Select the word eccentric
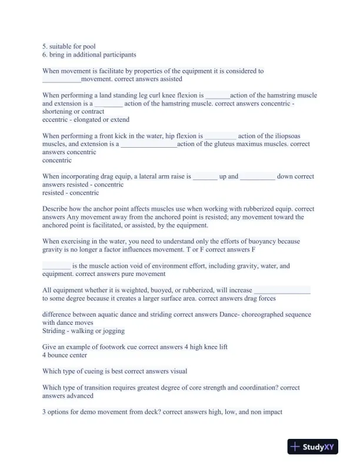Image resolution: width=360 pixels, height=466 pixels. tap(56, 119)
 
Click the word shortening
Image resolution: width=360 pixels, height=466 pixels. tap(58, 111)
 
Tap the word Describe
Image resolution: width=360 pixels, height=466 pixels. tap(56, 208)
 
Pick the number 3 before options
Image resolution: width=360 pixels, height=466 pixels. tap(45, 412)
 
